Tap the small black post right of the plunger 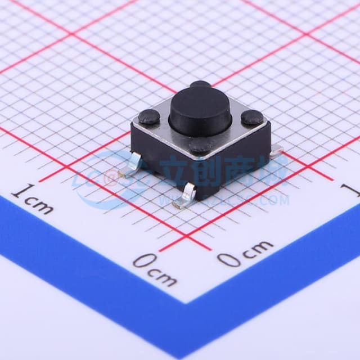tap(252, 118)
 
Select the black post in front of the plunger tap(201, 146)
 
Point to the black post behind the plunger tap(200, 85)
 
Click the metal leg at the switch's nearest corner tap(185, 195)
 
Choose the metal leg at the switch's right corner tap(276, 149)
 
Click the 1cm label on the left tap(33, 200)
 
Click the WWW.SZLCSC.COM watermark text tap(225, 200)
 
